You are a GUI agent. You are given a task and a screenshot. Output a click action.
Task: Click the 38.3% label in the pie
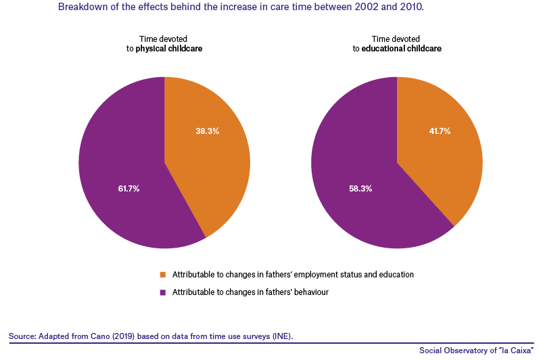click(208, 131)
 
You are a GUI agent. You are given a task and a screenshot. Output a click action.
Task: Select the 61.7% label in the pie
click(128, 188)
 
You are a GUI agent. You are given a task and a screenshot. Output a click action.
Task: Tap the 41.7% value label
click(440, 131)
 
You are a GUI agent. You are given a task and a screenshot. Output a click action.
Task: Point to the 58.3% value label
click(360, 188)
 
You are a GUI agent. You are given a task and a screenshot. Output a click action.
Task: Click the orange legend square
click(163, 275)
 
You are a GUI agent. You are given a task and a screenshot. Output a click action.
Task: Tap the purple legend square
click(163, 292)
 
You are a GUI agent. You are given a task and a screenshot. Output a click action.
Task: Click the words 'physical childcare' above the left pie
click(168, 49)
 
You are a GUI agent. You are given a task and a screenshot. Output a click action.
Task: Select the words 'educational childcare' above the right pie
click(401, 49)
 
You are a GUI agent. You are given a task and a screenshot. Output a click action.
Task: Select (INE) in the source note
click(283, 336)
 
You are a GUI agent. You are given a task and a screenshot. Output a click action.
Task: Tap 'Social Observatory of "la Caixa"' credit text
click(477, 351)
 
